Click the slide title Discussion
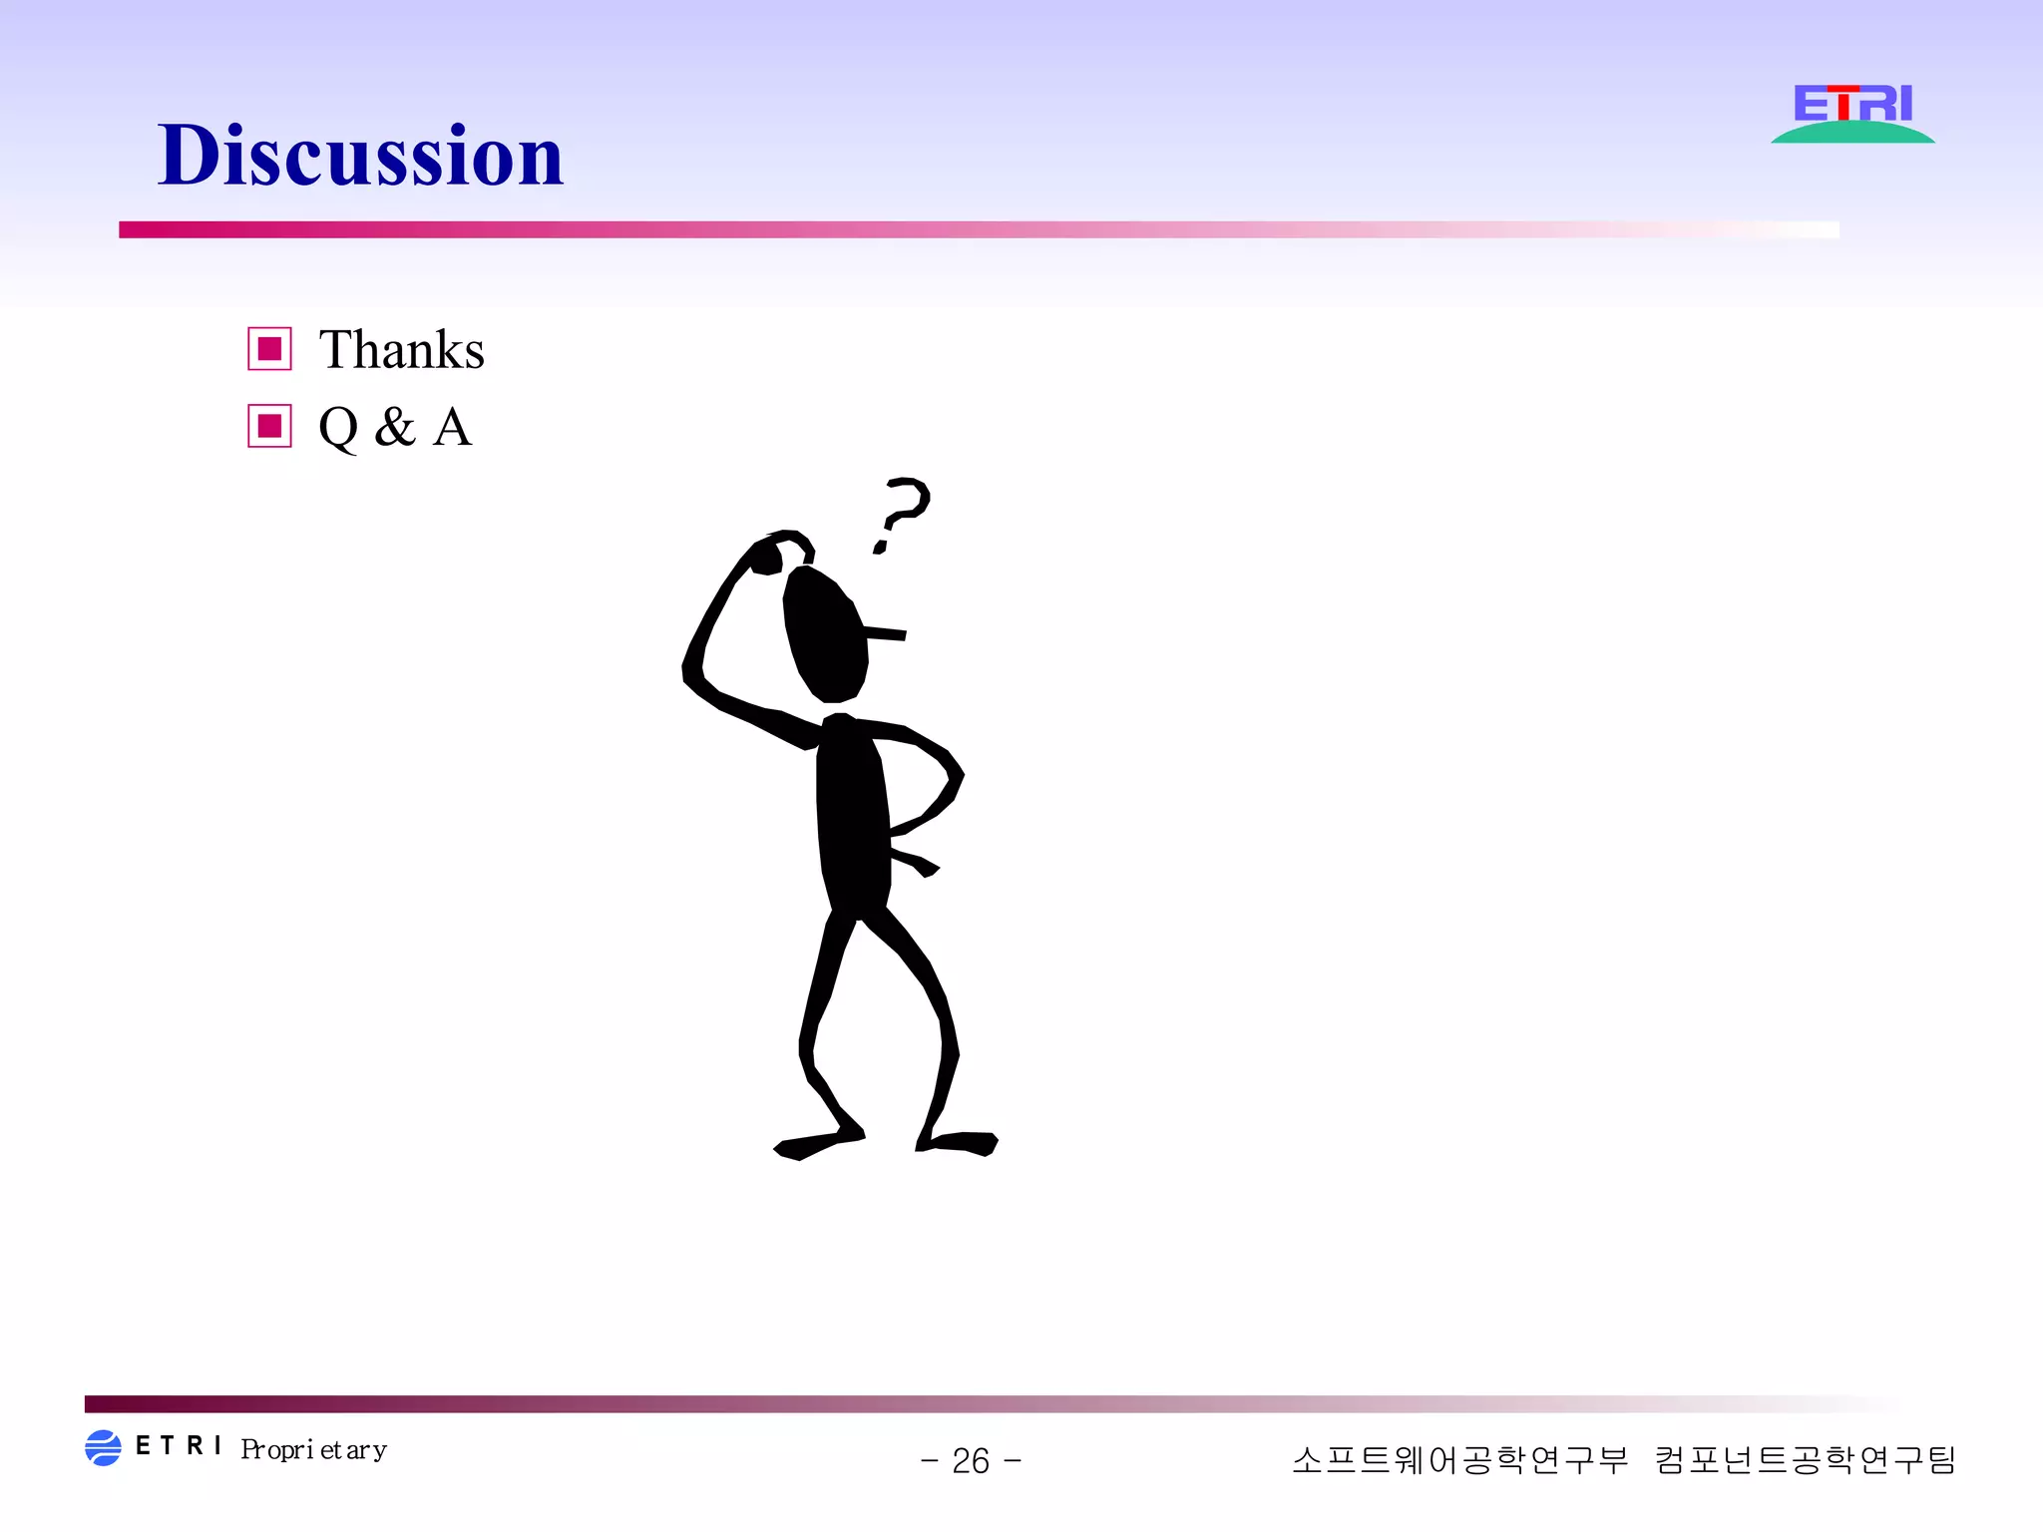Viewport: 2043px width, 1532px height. pos(360,156)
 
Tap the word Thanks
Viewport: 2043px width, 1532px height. pos(401,350)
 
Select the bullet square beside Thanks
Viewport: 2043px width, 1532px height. pos(269,349)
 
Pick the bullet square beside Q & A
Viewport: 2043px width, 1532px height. pos(269,426)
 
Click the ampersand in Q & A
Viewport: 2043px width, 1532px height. pos(395,427)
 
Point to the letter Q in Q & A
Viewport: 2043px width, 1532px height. pos(338,427)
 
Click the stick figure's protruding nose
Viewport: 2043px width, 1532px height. pos(886,633)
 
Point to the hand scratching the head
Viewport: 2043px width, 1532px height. pos(766,557)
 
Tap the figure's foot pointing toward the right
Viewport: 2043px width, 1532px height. pos(963,1143)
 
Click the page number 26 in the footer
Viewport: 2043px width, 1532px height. pos(971,1461)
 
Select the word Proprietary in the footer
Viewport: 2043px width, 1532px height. pos(313,1449)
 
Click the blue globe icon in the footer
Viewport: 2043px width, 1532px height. pos(103,1447)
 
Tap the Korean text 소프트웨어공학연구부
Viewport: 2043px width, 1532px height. pos(1459,1460)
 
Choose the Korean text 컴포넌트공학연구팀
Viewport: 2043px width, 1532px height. pos(1805,1460)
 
